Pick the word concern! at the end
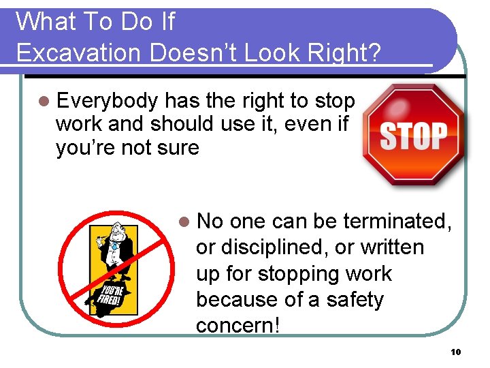click(238, 325)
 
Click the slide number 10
click(455, 352)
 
